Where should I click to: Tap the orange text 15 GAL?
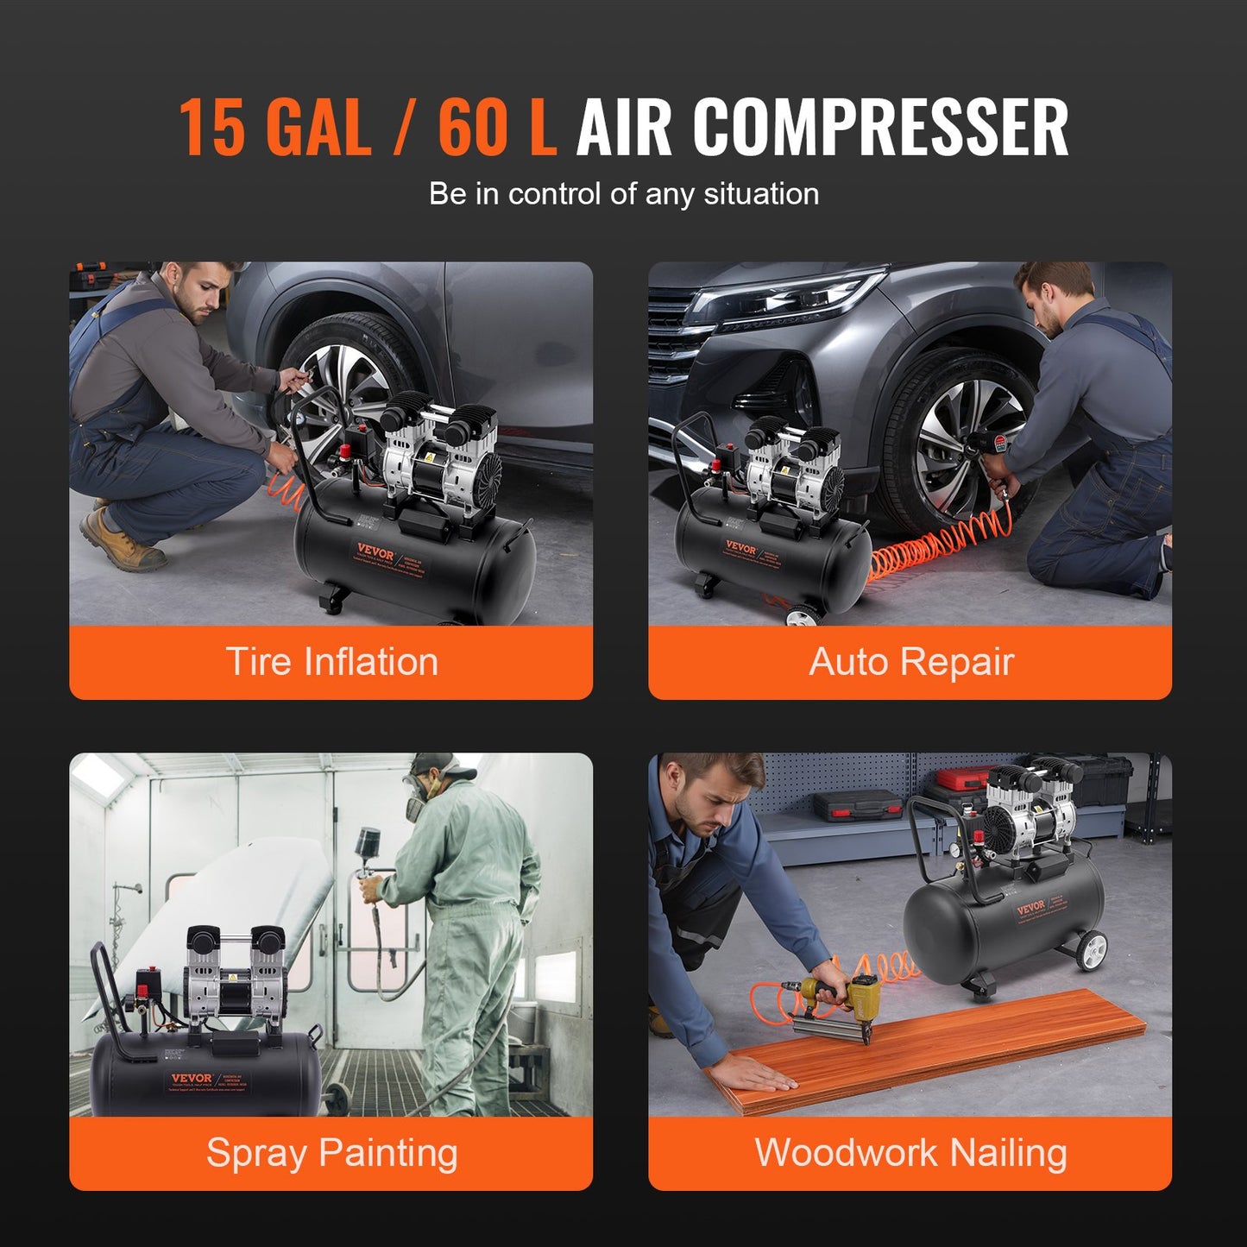point(274,128)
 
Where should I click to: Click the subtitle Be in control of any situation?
point(623,194)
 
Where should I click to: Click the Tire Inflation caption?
point(331,662)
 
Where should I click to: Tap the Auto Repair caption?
point(910,662)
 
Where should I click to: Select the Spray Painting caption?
point(331,1153)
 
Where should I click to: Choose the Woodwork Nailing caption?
point(910,1153)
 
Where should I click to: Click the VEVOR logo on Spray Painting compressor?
point(192,1078)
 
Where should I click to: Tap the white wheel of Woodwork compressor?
point(1091,951)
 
